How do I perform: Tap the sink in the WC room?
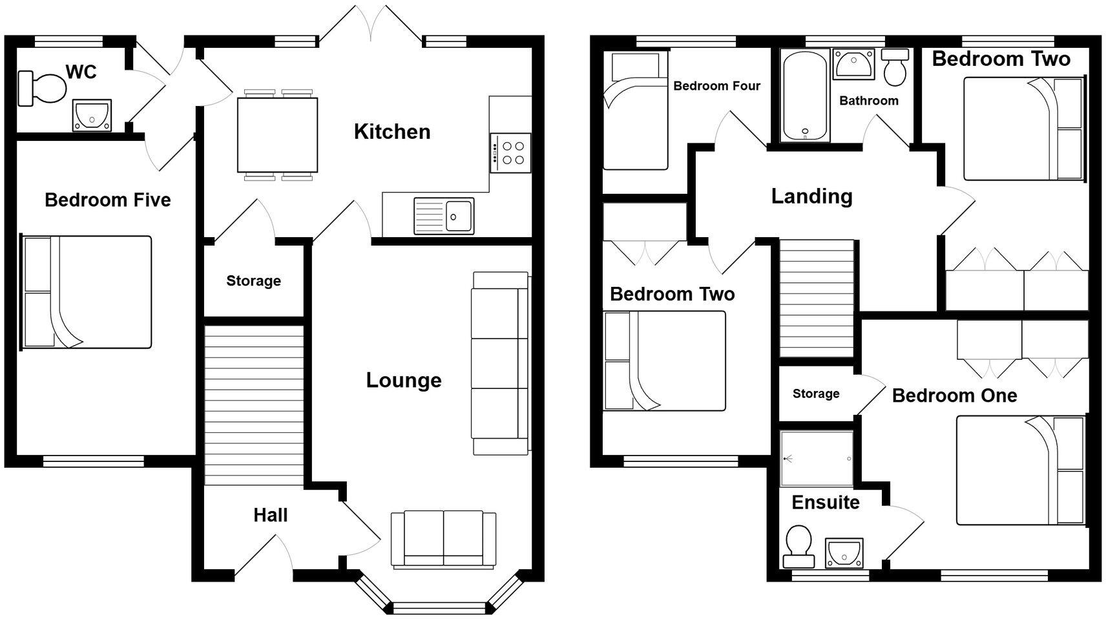[x=92, y=115]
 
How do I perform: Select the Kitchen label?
[x=391, y=132]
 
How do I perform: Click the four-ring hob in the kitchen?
[x=510, y=152]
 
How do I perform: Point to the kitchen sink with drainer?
[x=444, y=216]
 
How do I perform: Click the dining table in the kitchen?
[x=278, y=134]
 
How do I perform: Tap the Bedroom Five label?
[x=107, y=200]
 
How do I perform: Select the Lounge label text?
[x=404, y=380]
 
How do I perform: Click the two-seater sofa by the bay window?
[x=443, y=540]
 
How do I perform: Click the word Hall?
[x=270, y=515]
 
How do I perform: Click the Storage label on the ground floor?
[x=253, y=281]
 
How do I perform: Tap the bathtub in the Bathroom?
[x=805, y=96]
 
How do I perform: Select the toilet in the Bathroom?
[x=895, y=67]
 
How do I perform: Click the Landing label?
[x=811, y=196]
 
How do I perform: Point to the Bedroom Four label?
[x=716, y=86]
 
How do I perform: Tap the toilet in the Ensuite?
[x=798, y=546]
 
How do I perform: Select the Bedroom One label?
[x=954, y=395]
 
